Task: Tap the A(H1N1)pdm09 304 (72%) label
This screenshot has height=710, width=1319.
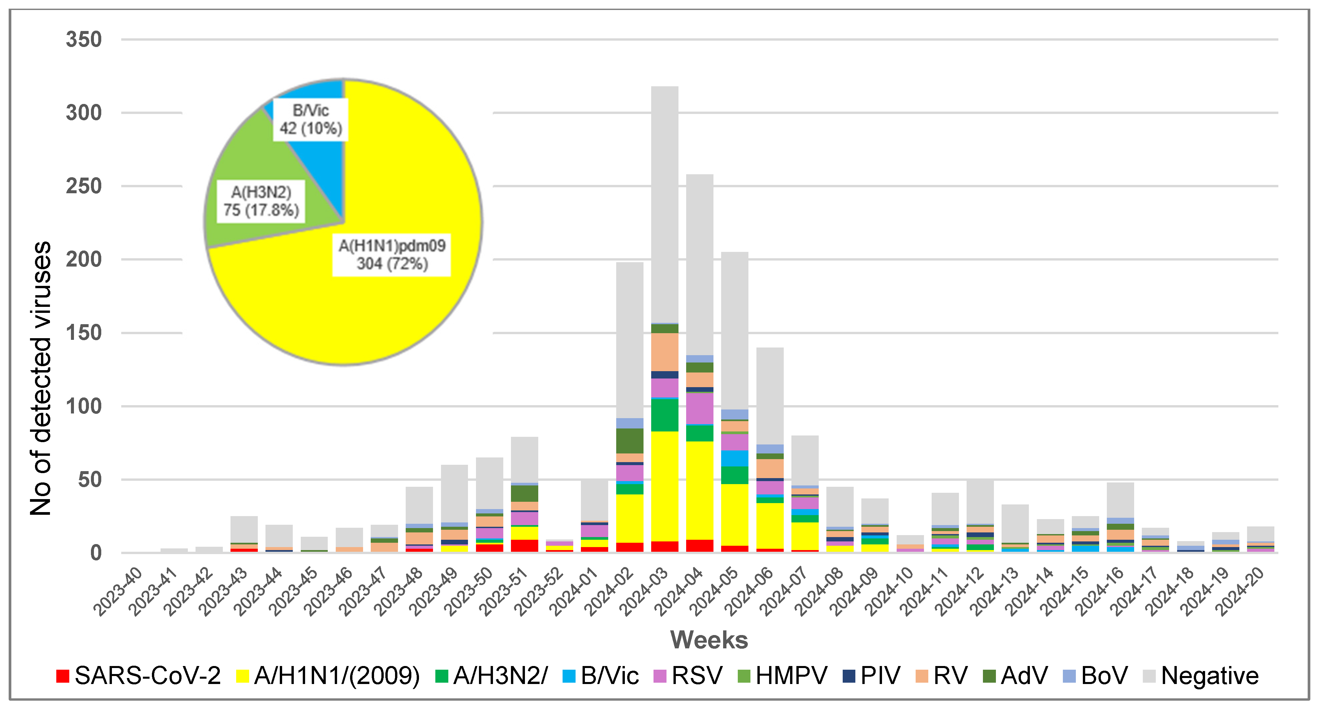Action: (392, 255)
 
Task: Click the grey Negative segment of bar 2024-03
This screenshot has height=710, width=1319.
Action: (664, 205)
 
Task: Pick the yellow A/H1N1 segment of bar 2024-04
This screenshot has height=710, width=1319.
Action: (699, 489)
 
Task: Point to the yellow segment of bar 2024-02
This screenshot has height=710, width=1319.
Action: (629, 517)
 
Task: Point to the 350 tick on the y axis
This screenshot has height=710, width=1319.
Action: (84, 39)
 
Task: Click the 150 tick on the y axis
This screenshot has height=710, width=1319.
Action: (84, 333)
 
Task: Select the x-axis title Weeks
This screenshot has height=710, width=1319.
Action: (709, 640)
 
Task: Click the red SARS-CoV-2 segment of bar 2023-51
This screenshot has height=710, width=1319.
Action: (524, 545)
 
